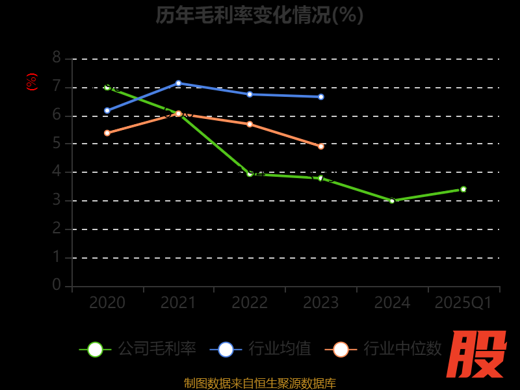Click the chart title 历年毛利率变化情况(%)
pos(259,15)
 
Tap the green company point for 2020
pos(107,86)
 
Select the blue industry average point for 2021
pos(178,83)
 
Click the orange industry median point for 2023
pos(321,146)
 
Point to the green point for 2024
pos(392,201)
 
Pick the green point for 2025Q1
pos(463,189)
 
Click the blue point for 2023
pos(321,97)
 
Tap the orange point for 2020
pos(107,133)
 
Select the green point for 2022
pos(250,174)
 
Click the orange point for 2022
pos(250,123)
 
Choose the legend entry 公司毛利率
pos(138,349)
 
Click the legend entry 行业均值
pos(261,349)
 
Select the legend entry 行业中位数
pos(383,349)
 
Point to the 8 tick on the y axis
pos(57,58)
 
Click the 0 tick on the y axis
pos(57,285)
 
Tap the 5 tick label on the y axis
pos(57,143)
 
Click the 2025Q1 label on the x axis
pos(463,303)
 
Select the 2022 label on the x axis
pos(250,303)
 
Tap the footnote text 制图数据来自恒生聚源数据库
pos(259,383)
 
